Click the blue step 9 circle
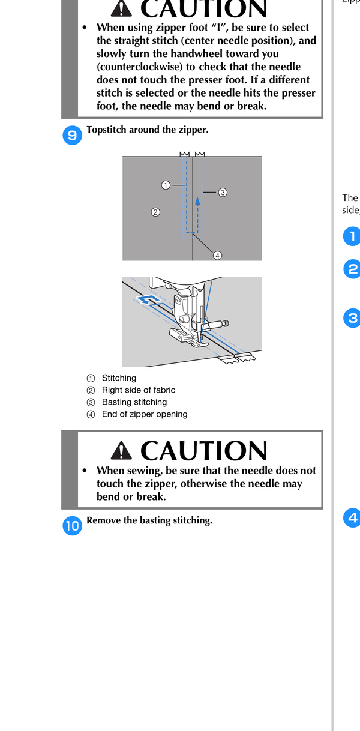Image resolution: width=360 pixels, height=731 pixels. click(x=72, y=135)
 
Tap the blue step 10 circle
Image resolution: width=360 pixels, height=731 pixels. click(x=72, y=525)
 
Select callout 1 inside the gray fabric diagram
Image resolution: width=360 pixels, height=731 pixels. click(x=166, y=185)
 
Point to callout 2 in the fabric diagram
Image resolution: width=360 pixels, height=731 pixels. click(x=155, y=212)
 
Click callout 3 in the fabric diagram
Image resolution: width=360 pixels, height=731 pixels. click(x=223, y=193)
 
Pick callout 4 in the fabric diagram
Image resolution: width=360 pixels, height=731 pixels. click(x=217, y=256)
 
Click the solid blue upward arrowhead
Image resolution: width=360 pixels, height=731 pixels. click(x=197, y=200)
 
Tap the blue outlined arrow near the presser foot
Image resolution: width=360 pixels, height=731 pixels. click(x=149, y=299)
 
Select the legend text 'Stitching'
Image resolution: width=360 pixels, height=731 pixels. click(x=119, y=378)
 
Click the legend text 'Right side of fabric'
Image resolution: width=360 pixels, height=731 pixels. click(x=139, y=390)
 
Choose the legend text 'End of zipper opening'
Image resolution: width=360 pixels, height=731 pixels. click(x=145, y=414)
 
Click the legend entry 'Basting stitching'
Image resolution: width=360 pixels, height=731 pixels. click(x=134, y=402)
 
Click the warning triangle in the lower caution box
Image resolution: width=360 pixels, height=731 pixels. click(x=121, y=450)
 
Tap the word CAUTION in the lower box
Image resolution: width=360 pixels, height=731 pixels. click(x=204, y=450)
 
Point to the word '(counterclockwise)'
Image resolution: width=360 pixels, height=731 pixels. click(x=140, y=67)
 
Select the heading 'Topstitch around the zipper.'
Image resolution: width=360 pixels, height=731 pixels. click(x=147, y=130)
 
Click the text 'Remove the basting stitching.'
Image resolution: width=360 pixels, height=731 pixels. click(x=149, y=520)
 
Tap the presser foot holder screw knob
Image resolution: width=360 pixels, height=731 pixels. click(x=225, y=323)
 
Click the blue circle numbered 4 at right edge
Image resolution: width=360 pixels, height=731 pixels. click(x=352, y=517)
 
